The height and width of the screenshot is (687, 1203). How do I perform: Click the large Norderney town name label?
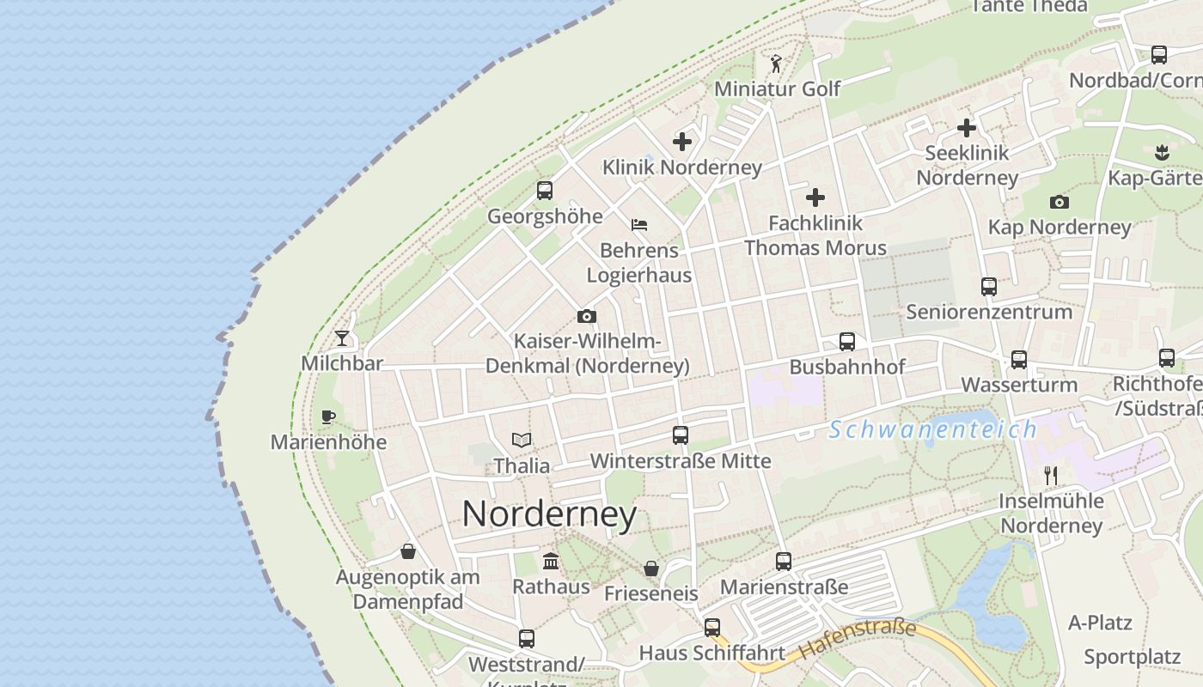click(x=549, y=514)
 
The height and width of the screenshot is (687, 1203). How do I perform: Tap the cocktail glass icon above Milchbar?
click(x=342, y=338)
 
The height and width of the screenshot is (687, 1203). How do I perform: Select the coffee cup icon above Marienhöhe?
click(x=327, y=417)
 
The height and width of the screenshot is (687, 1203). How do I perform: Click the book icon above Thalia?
click(x=522, y=441)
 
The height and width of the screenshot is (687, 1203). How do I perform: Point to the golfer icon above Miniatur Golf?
click(x=777, y=64)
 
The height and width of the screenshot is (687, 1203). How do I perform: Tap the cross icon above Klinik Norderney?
click(x=682, y=142)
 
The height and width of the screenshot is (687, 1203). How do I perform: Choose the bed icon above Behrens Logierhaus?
click(x=639, y=225)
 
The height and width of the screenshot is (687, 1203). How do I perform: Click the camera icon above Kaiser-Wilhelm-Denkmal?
click(x=587, y=316)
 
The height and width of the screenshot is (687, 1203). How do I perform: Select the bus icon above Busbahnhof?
click(x=847, y=342)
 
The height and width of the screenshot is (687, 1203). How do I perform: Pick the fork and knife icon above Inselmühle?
click(x=1050, y=475)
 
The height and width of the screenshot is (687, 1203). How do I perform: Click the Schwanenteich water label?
click(x=933, y=429)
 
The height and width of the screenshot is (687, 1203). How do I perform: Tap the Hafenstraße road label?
click(x=858, y=639)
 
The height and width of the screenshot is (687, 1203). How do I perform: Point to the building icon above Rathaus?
click(x=551, y=562)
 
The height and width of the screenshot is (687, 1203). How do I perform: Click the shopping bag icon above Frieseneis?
click(x=651, y=568)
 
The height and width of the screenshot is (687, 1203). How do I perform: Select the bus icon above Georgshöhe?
click(x=545, y=191)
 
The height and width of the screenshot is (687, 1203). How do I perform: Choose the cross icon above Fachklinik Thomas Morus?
click(x=815, y=198)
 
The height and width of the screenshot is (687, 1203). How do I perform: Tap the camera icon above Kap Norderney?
click(x=1059, y=203)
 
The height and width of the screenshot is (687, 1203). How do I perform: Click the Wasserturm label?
click(x=1019, y=384)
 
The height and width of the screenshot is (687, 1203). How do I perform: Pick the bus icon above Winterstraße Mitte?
click(x=681, y=435)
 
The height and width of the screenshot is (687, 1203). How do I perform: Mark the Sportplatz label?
click(x=1132, y=657)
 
